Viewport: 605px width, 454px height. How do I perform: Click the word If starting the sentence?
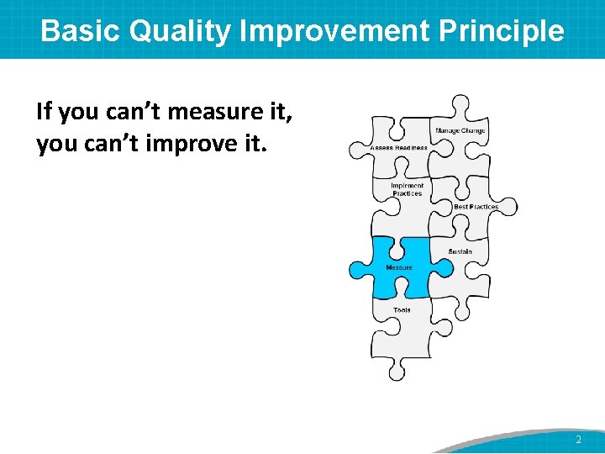45,111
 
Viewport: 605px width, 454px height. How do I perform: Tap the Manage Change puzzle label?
460,131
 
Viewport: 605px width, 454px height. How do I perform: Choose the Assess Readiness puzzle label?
398,148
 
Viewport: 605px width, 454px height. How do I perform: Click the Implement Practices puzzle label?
408,189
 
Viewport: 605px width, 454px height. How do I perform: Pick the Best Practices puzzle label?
476,207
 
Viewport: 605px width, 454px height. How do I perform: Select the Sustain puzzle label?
460,251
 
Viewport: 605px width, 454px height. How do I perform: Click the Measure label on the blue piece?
398,268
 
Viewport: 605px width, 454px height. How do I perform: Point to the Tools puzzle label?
402,310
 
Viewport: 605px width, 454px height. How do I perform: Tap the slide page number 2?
578,440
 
